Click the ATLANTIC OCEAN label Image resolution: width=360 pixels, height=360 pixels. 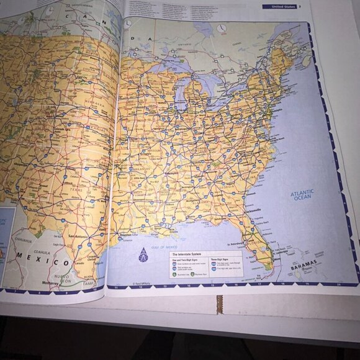pyautogui.click(x=302, y=197)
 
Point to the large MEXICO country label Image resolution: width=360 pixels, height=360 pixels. pyautogui.click(x=38, y=255)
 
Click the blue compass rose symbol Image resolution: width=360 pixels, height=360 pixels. pyautogui.click(x=143, y=255)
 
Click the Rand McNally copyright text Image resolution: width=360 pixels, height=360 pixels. pyautogui.click(x=142, y=282)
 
